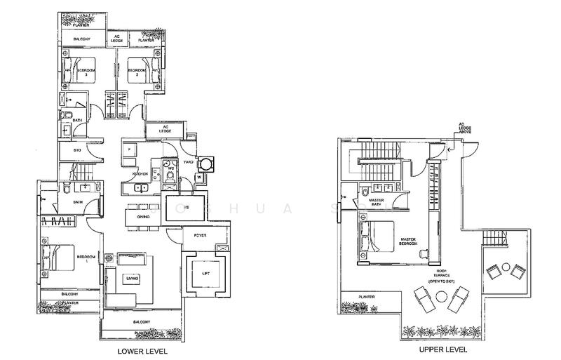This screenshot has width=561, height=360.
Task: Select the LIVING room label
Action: coord(131,279)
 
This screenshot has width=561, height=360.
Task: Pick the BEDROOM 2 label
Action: coord(137,71)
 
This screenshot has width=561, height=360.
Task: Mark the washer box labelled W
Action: coord(199,177)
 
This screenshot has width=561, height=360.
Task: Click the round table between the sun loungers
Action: coord(442,297)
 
